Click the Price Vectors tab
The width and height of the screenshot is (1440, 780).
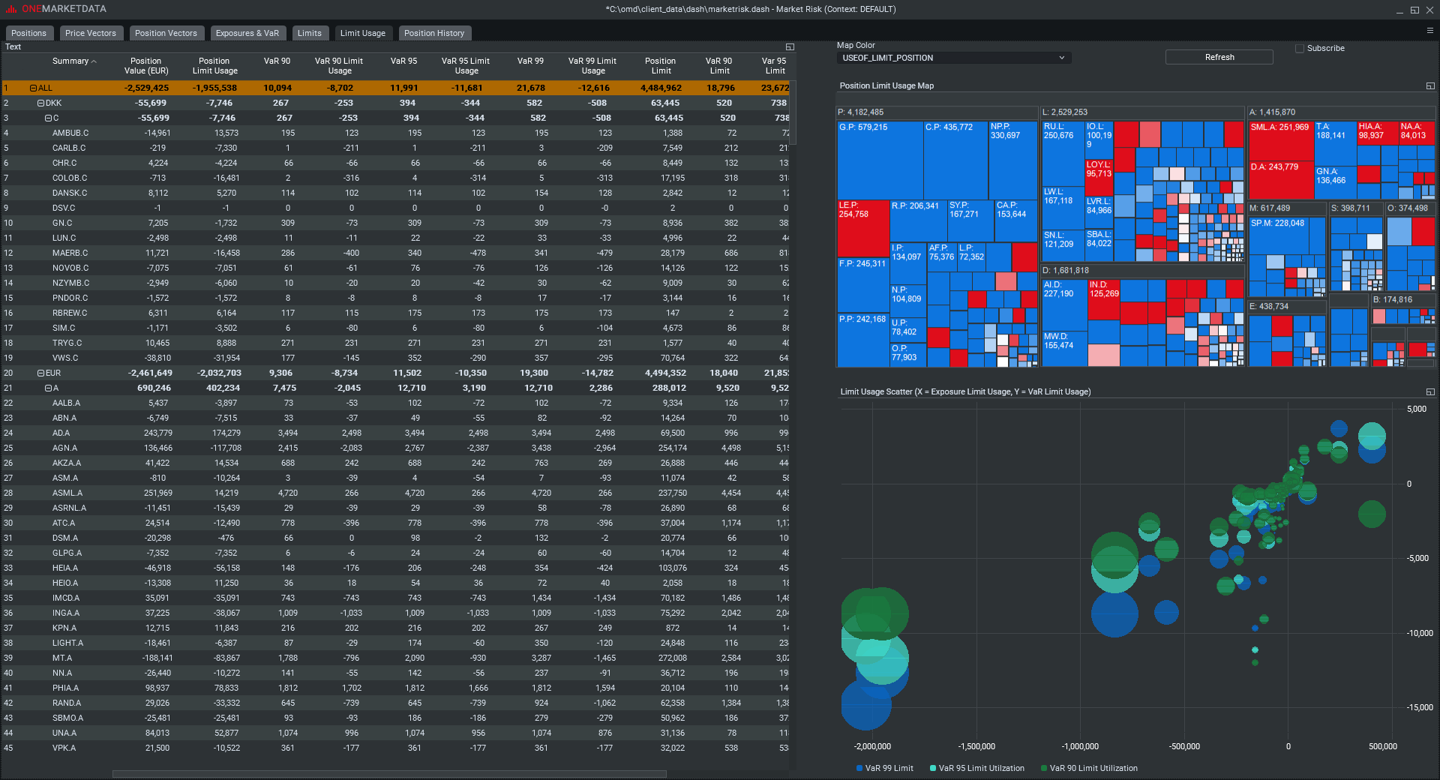(90, 33)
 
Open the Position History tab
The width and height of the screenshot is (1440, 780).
(433, 33)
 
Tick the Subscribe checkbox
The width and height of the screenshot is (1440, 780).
(1300, 48)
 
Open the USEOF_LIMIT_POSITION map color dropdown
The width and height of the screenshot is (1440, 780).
(953, 58)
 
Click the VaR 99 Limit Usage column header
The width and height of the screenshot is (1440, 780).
(592, 66)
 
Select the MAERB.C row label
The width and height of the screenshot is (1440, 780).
(70, 253)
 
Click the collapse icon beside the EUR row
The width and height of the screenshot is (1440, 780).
(41, 373)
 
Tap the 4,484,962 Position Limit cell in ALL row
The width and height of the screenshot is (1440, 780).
(661, 88)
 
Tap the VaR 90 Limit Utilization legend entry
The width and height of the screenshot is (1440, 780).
(1093, 768)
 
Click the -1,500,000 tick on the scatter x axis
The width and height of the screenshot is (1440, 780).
(976, 746)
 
